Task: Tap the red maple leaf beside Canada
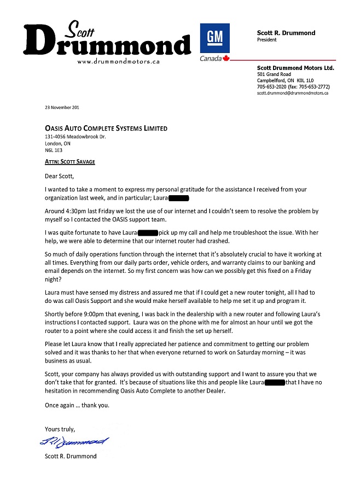228,58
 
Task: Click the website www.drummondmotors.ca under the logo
118,62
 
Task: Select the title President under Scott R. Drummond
267,40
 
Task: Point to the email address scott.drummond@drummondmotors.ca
293,93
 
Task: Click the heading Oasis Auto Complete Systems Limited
106,128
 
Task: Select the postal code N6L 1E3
54,150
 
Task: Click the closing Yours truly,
60,429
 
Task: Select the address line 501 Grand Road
274,74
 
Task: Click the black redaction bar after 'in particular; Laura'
178,197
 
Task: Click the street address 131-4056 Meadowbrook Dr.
76,137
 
